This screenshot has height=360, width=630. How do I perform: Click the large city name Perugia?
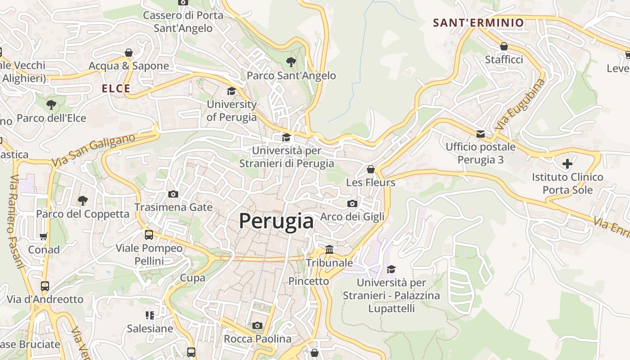click(x=276, y=221)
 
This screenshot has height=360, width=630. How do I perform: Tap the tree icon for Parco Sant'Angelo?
click(x=291, y=62)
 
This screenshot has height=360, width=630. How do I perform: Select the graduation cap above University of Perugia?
click(x=231, y=91)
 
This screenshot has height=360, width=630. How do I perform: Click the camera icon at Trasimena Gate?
click(x=173, y=194)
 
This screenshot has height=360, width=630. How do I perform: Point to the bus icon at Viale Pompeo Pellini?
click(x=149, y=234)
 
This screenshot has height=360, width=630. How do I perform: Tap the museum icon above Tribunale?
click(x=329, y=249)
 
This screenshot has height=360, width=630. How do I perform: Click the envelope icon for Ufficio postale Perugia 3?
click(x=480, y=134)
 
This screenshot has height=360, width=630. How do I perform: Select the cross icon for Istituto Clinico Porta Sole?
click(x=567, y=163)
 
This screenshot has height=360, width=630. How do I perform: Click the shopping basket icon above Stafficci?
click(x=504, y=46)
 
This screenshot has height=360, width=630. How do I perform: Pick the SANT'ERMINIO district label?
click(x=478, y=22)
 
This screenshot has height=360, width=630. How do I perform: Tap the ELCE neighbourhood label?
click(x=116, y=89)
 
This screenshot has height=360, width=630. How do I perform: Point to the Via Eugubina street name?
click(x=520, y=104)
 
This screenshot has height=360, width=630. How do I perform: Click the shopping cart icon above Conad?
click(x=44, y=236)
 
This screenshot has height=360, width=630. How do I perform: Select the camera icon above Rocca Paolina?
click(x=257, y=325)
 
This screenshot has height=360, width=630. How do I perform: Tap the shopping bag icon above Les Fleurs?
click(x=371, y=169)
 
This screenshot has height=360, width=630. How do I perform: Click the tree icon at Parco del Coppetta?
click(x=82, y=200)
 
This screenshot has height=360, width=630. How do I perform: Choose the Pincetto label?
click(x=309, y=281)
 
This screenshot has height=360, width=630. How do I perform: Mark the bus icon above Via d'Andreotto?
click(x=45, y=286)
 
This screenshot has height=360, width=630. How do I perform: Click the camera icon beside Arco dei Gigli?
click(x=352, y=203)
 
